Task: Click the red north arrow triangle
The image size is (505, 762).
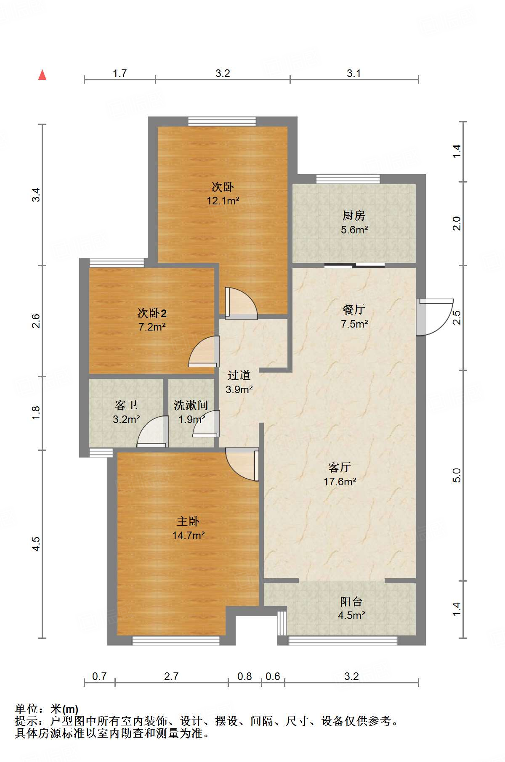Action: tap(42, 75)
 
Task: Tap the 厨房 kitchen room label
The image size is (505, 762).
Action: tap(353, 216)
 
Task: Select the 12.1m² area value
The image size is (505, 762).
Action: tap(223, 201)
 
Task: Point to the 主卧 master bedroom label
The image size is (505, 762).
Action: tap(188, 521)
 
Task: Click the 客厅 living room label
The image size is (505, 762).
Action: tap(339, 467)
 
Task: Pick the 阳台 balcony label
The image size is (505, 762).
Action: tap(351, 601)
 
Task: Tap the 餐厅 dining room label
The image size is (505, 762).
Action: tap(353, 310)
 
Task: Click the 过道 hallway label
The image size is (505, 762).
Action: tap(239, 375)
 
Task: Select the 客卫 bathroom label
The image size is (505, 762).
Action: tap(126, 405)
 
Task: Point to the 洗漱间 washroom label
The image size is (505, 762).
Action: tap(191, 405)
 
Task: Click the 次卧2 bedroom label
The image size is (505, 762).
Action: tap(152, 313)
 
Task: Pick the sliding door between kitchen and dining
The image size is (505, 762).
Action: tap(354, 265)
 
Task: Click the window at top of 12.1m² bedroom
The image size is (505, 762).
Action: tap(222, 122)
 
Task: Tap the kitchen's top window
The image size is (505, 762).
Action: tap(348, 179)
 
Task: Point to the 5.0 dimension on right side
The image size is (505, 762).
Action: tap(457, 476)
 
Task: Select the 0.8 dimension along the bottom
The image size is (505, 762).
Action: tap(245, 676)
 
